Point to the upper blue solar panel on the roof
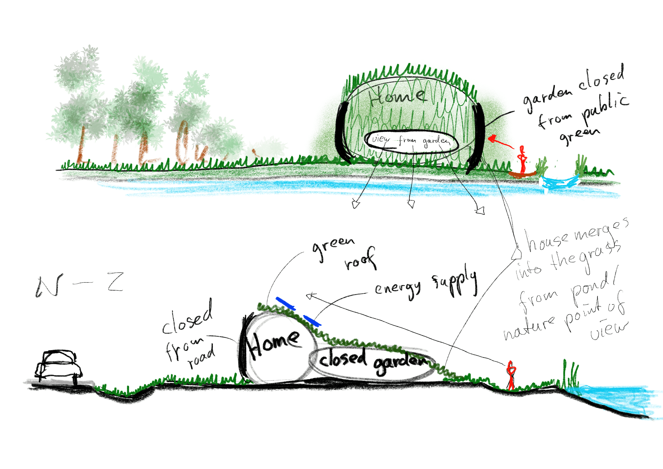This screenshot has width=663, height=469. (285, 303)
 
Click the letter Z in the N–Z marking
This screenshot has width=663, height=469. (115, 282)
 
